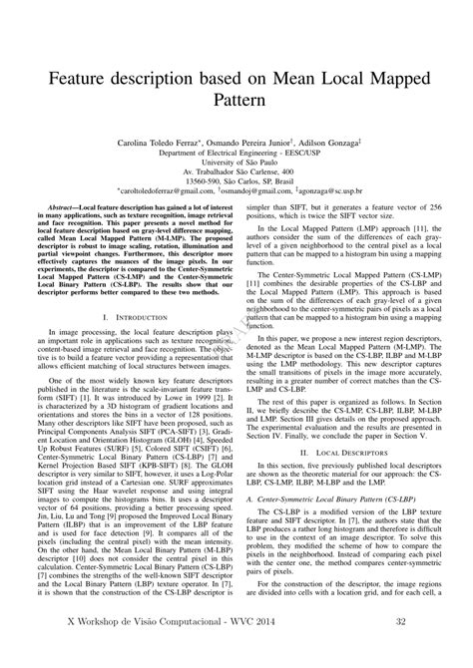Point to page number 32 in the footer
click(399, 649)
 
